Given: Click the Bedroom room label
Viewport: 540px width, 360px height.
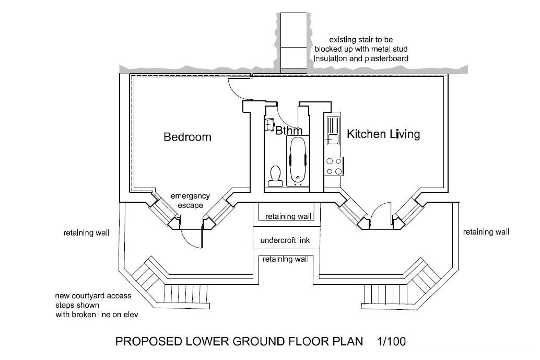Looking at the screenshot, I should point(187,137).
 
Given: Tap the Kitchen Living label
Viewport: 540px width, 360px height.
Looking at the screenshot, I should point(383,134).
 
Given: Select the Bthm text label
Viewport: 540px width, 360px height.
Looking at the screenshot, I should point(289,131).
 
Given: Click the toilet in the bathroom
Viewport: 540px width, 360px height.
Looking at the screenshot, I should point(275,175).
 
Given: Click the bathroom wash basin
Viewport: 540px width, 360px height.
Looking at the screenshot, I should point(270,125).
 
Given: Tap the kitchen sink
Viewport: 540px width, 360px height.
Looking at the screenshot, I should point(333,131).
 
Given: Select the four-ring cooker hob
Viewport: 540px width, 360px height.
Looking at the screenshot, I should point(334,166).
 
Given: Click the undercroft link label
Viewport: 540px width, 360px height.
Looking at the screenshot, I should point(286,241).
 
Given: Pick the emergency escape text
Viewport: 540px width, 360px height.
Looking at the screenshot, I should point(190,201).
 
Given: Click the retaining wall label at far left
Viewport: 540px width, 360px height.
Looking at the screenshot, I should point(86,233).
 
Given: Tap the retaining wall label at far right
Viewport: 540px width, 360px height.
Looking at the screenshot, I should point(486,232).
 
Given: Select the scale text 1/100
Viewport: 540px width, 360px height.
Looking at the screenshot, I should point(391,342).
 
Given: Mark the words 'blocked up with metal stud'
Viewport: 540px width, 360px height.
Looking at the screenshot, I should point(361,49).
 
